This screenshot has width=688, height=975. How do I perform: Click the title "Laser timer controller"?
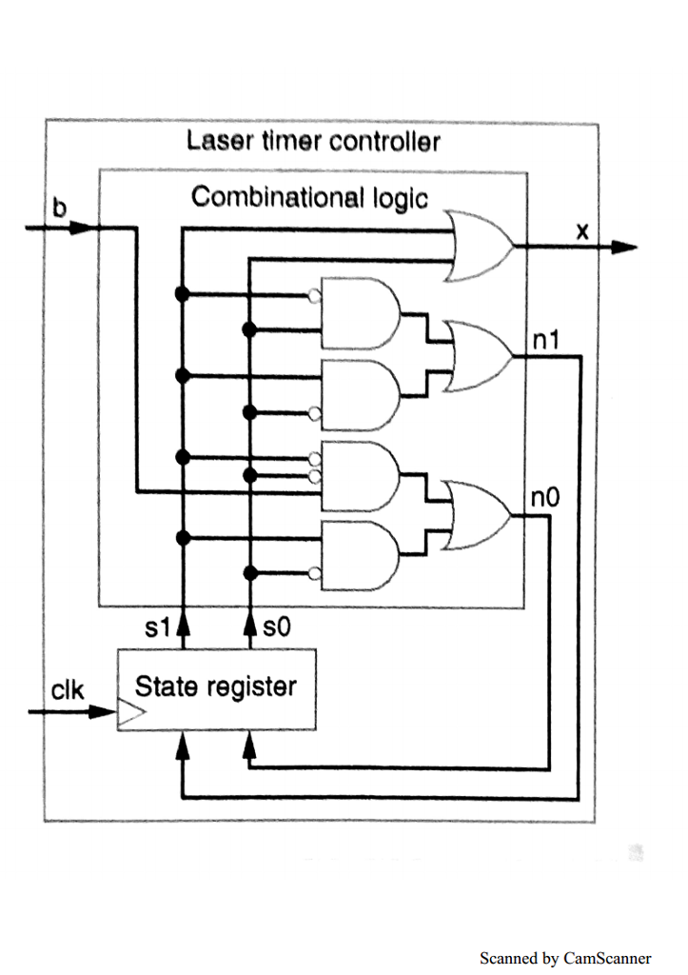point(313,142)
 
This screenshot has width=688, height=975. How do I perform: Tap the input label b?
point(59,209)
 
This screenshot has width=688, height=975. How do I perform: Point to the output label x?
point(582,229)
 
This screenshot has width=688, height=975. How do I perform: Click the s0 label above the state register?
point(275,627)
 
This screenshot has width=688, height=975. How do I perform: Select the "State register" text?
point(215,686)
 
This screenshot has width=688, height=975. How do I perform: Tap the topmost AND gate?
point(360,313)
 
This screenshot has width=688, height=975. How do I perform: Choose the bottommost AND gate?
point(360,555)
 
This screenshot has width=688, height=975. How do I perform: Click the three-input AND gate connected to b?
point(360,475)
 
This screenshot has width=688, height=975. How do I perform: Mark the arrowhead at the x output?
point(623,248)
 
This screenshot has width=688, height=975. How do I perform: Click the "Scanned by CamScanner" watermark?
point(565,958)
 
